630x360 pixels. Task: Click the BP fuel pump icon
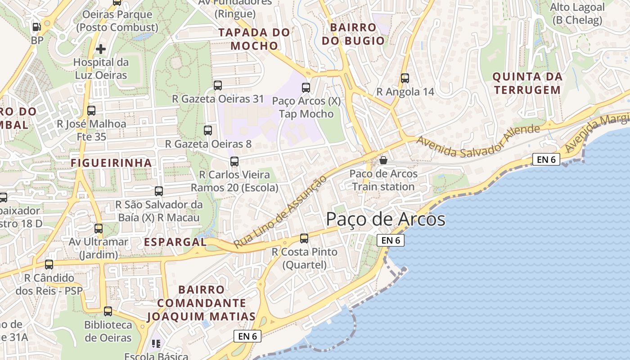pos(37,27)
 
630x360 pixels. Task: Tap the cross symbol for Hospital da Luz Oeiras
pos(101,49)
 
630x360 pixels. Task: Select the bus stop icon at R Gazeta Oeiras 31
pos(218,85)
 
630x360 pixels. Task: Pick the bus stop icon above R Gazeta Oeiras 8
pos(207,130)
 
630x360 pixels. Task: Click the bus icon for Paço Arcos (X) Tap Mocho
pos(306,87)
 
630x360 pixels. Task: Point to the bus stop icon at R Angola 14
pos(405,78)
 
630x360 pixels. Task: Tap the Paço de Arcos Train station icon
pos(383,160)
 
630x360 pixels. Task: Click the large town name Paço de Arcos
pos(386,220)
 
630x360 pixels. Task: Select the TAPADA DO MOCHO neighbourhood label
pos(254,39)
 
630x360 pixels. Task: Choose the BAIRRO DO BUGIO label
pos(353,34)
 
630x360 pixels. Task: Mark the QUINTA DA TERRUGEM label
pos(527,83)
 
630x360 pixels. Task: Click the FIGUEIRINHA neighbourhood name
pos(111,163)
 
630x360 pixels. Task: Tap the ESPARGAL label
pos(175,242)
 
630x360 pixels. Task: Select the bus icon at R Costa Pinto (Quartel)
pos(304,238)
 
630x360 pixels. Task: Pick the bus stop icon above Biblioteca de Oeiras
pos(108,311)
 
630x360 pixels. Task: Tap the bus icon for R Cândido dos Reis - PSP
pos(49,264)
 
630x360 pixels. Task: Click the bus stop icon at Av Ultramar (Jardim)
pos(99,228)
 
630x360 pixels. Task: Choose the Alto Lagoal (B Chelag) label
pos(577,13)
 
